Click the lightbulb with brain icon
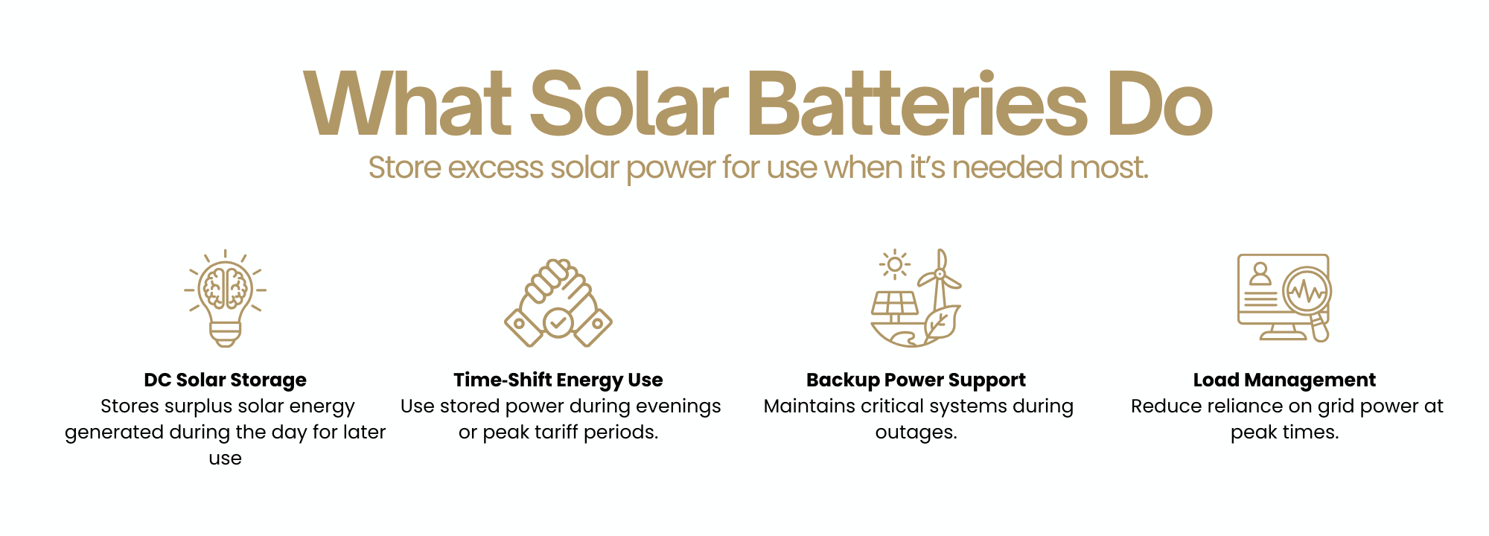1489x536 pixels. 226,299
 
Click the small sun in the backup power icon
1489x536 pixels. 895,264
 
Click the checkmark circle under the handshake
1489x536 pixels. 558,322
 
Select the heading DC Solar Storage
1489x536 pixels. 226,380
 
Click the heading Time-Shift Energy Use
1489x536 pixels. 558,380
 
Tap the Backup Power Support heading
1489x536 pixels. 916,380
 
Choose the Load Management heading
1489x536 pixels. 1284,380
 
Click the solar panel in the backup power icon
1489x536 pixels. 896,304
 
